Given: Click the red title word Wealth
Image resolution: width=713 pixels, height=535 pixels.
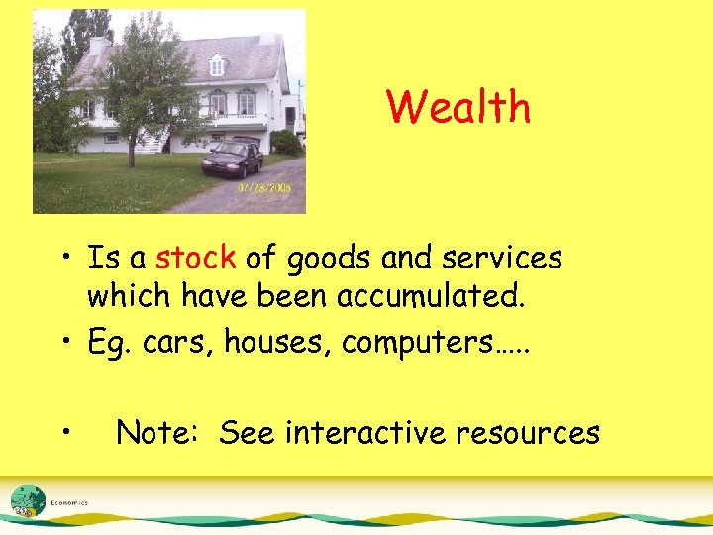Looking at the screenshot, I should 458,107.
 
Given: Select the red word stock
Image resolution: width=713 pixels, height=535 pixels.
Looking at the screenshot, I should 195,259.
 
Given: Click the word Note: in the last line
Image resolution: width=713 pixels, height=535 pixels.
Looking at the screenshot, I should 159,432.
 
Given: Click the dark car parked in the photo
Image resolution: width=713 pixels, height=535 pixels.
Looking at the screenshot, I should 232,158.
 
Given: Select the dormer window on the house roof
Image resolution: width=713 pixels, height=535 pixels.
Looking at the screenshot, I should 217,65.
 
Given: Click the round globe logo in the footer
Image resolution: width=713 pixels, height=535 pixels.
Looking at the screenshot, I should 27,500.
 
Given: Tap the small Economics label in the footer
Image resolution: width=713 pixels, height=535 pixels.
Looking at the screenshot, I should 69,502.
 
